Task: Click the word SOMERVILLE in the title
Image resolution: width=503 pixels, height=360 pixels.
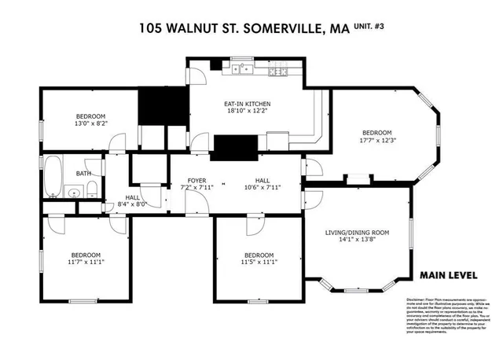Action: (280, 30)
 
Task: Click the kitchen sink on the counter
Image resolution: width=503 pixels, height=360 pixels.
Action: (239, 70)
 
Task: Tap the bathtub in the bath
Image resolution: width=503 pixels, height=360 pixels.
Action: (53, 177)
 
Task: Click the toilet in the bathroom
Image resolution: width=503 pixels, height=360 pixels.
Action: (92, 187)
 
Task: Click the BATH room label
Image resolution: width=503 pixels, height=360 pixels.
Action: (83, 173)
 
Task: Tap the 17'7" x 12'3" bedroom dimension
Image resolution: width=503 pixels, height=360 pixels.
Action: (376, 141)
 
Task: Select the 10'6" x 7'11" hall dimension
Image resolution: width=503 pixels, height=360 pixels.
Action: (263, 188)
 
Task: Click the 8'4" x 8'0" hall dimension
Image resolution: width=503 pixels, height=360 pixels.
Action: (132, 205)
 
